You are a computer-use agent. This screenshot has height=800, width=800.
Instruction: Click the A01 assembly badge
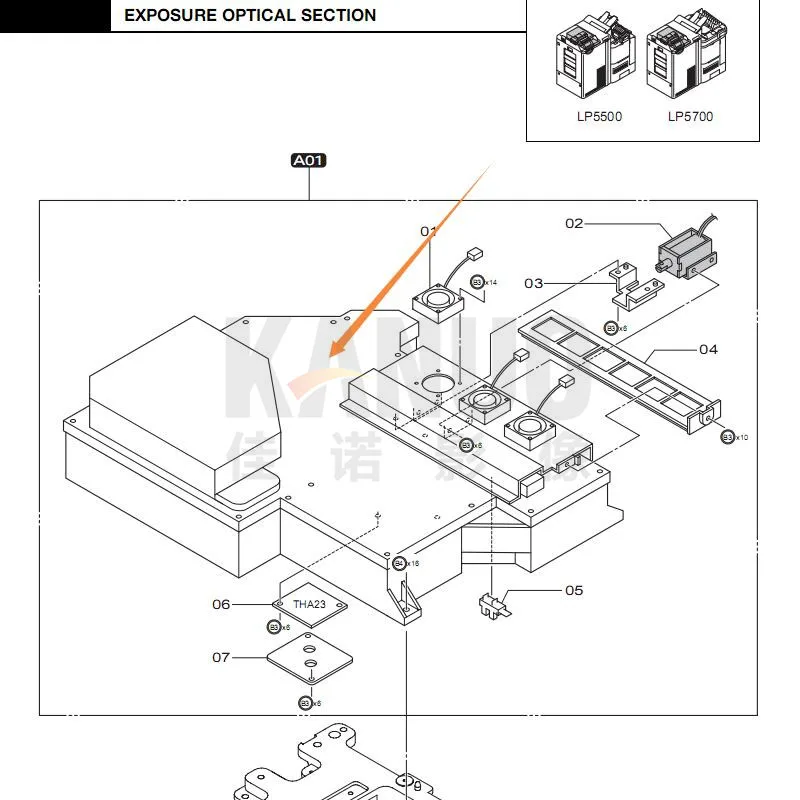[309, 160]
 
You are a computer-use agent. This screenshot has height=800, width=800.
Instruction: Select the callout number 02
[574, 223]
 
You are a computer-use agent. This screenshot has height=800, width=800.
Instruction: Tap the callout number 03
[534, 283]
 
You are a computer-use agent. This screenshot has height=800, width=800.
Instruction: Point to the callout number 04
[708, 349]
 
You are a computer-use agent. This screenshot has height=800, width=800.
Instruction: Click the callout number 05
[574, 590]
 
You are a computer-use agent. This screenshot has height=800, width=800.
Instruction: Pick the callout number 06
[221, 604]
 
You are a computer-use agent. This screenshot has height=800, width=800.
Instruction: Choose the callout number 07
[221, 657]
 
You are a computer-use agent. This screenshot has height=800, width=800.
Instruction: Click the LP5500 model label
[599, 117]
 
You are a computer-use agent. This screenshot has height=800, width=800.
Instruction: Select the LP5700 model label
[690, 117]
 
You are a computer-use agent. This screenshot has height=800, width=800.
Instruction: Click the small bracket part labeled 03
[632, 287]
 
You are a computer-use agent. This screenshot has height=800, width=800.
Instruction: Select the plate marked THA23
[310, 606]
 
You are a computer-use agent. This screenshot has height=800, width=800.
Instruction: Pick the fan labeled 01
[436, 300]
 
